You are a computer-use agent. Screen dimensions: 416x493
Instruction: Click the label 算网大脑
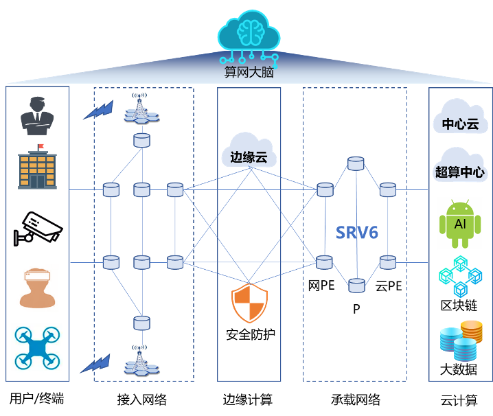(249, 72)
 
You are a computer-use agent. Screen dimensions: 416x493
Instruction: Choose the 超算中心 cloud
(460, 165)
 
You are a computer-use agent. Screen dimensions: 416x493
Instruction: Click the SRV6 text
(357, 233)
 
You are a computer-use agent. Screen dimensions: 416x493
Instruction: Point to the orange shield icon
(249, 303)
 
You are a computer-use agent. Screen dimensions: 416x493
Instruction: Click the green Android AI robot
(460, 224)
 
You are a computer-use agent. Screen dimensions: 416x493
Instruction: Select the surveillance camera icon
(38, 229)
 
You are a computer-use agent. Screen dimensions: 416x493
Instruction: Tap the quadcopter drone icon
(36, 347)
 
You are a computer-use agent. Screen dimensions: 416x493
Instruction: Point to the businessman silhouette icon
(37, 116)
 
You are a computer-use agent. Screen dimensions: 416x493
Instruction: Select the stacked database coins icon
(461, 340)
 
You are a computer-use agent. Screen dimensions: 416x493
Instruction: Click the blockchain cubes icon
(460, 277)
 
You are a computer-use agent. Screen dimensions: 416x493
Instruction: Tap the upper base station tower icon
(141, 109)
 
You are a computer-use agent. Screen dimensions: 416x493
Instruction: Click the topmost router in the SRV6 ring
(356, 163)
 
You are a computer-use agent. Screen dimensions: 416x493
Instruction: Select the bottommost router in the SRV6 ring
(356, 286)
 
